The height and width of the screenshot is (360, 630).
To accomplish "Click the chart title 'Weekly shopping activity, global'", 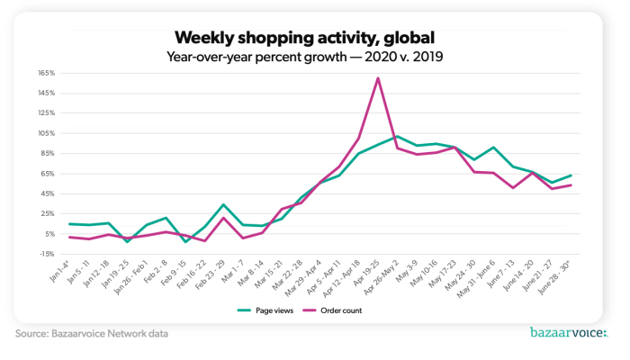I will pyautogui.click(x=305, y=37).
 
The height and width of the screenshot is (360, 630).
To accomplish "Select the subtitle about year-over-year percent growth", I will pyautogui.click(x=305, y=57).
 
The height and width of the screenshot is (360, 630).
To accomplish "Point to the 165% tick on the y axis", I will pyautogui.click(x=47, y=73).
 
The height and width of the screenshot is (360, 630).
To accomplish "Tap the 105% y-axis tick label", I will pyautogui.click(x=47, y=133).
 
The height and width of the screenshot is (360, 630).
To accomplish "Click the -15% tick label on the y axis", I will pyautogui.click(x=47, y=254).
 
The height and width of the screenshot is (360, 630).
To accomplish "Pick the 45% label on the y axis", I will pyautogui.click(x=48, y=193).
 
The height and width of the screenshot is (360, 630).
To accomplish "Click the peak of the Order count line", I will pyautogui.click(x=378, y=77).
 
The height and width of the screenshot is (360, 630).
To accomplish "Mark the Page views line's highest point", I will pyautogui.click(x=398, y=136).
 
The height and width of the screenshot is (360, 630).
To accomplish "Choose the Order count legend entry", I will pyautogui.click(x=338, y=310).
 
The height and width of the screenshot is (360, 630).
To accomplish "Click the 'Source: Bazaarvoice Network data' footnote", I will pyautogui.click(x=92, y=334).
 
